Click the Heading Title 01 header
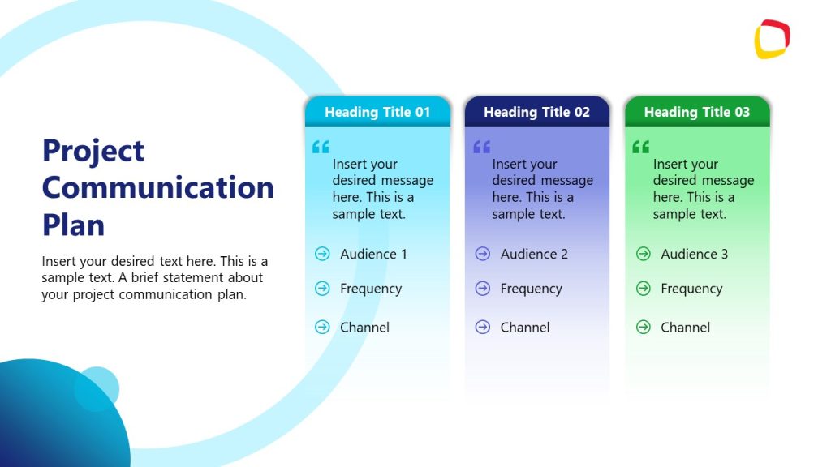(377, 112)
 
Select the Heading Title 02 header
(536, 112)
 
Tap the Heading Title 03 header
(696, 112)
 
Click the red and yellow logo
(772, 39)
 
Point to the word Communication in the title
(157, 187)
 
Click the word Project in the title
(93, 150)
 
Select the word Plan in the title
(73, 225)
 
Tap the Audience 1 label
(373, 254)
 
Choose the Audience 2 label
(534, 254)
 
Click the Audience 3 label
(694, 254)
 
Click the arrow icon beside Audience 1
(322, 254)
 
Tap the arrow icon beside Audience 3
(644, 254)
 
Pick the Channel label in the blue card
(364, 327)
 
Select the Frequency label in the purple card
(531, 289)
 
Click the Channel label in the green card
(685, 327)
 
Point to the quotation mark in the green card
(641, 147)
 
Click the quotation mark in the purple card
(482, 147)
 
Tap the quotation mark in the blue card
(321, 147)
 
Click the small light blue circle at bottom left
(97, 388)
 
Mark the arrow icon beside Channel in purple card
(483, 327)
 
